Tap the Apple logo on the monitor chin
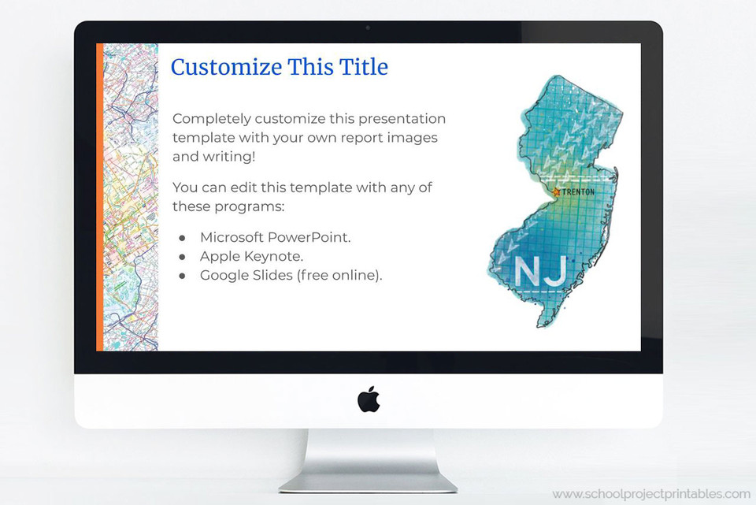[369, 399]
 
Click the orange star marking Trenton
[557, 191]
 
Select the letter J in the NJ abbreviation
[554, 270]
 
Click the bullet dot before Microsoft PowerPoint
[182, 237]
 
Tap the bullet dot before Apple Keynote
[182, 257]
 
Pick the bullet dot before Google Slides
[182, 276]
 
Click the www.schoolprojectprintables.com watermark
[651, 494]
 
